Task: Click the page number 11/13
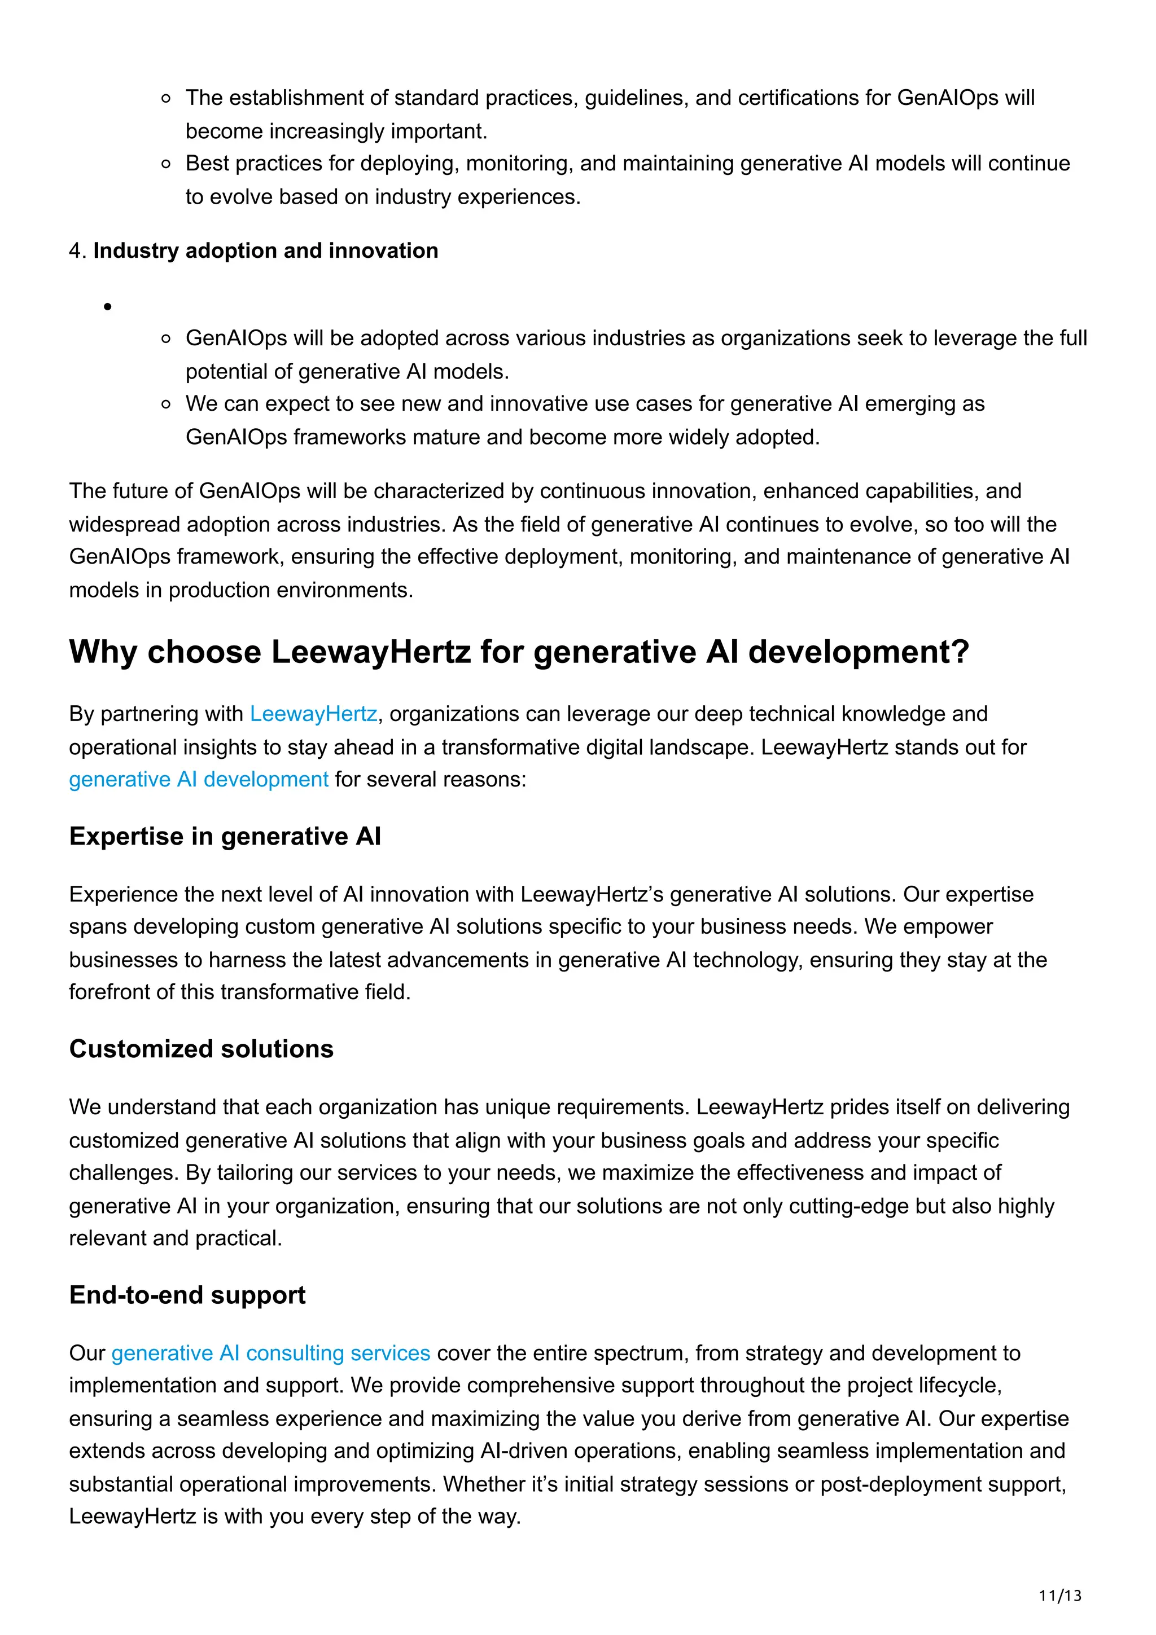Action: click(1060, 1596)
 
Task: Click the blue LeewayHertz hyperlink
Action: click(313, 714)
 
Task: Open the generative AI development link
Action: click(199, 779)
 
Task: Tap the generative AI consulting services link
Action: click(271, 1352)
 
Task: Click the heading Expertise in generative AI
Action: click(225, 836)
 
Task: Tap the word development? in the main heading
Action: click(859, 652)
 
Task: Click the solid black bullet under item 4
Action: click(108, 307)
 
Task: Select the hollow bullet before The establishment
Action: click(166, 99)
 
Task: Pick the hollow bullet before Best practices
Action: click(166, 165)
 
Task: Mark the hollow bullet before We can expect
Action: click(166, 405)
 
